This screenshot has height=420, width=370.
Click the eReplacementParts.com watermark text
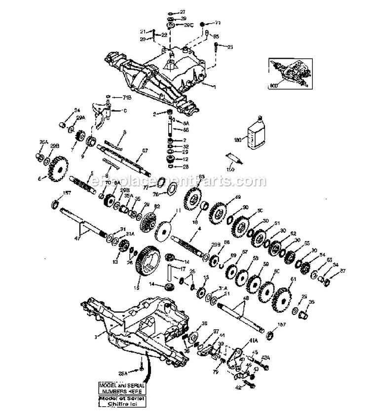(x=185, y=181)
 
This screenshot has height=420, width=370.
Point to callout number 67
(x=145, y=150)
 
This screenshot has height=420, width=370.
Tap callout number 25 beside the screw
(x=230, y=47)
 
